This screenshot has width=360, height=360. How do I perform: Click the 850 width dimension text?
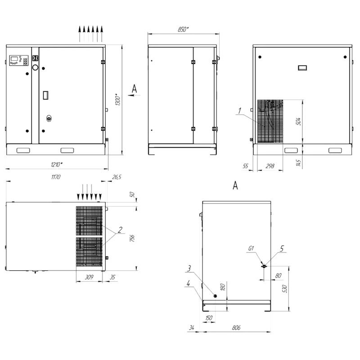tap(183, 29)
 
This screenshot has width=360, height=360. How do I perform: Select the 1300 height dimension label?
tap(117, 99)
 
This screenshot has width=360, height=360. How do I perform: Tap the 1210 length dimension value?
tap(57, 164)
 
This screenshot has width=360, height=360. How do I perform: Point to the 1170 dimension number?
tap(56, 177)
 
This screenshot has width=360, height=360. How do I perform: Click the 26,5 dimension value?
tap(117, 177)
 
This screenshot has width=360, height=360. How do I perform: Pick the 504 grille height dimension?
tap(298, 121)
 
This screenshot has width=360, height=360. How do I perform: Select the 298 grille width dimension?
tap(270, 166)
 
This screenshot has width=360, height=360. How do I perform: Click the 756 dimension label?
tap(132, 238)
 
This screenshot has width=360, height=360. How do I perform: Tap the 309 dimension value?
tap(89, 277)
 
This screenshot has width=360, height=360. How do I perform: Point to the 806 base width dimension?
tap(236, 328)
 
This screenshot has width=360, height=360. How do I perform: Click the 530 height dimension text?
tap(285, 288)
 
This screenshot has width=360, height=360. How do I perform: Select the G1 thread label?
tap(251, 248)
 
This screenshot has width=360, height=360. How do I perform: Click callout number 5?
tap(282, 248)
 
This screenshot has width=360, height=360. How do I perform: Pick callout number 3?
tap(189, 268)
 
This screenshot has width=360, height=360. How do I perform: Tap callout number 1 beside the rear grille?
tap(240, 111)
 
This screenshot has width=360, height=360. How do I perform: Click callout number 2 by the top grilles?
tap(120, 229)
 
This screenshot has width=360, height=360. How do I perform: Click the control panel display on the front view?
tap(14, 59)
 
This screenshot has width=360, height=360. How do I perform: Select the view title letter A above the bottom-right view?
tap(235, 185)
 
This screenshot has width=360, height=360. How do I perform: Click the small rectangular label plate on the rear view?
tap(302, 68)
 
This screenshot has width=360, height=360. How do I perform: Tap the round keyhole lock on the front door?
tap(49, 118)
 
